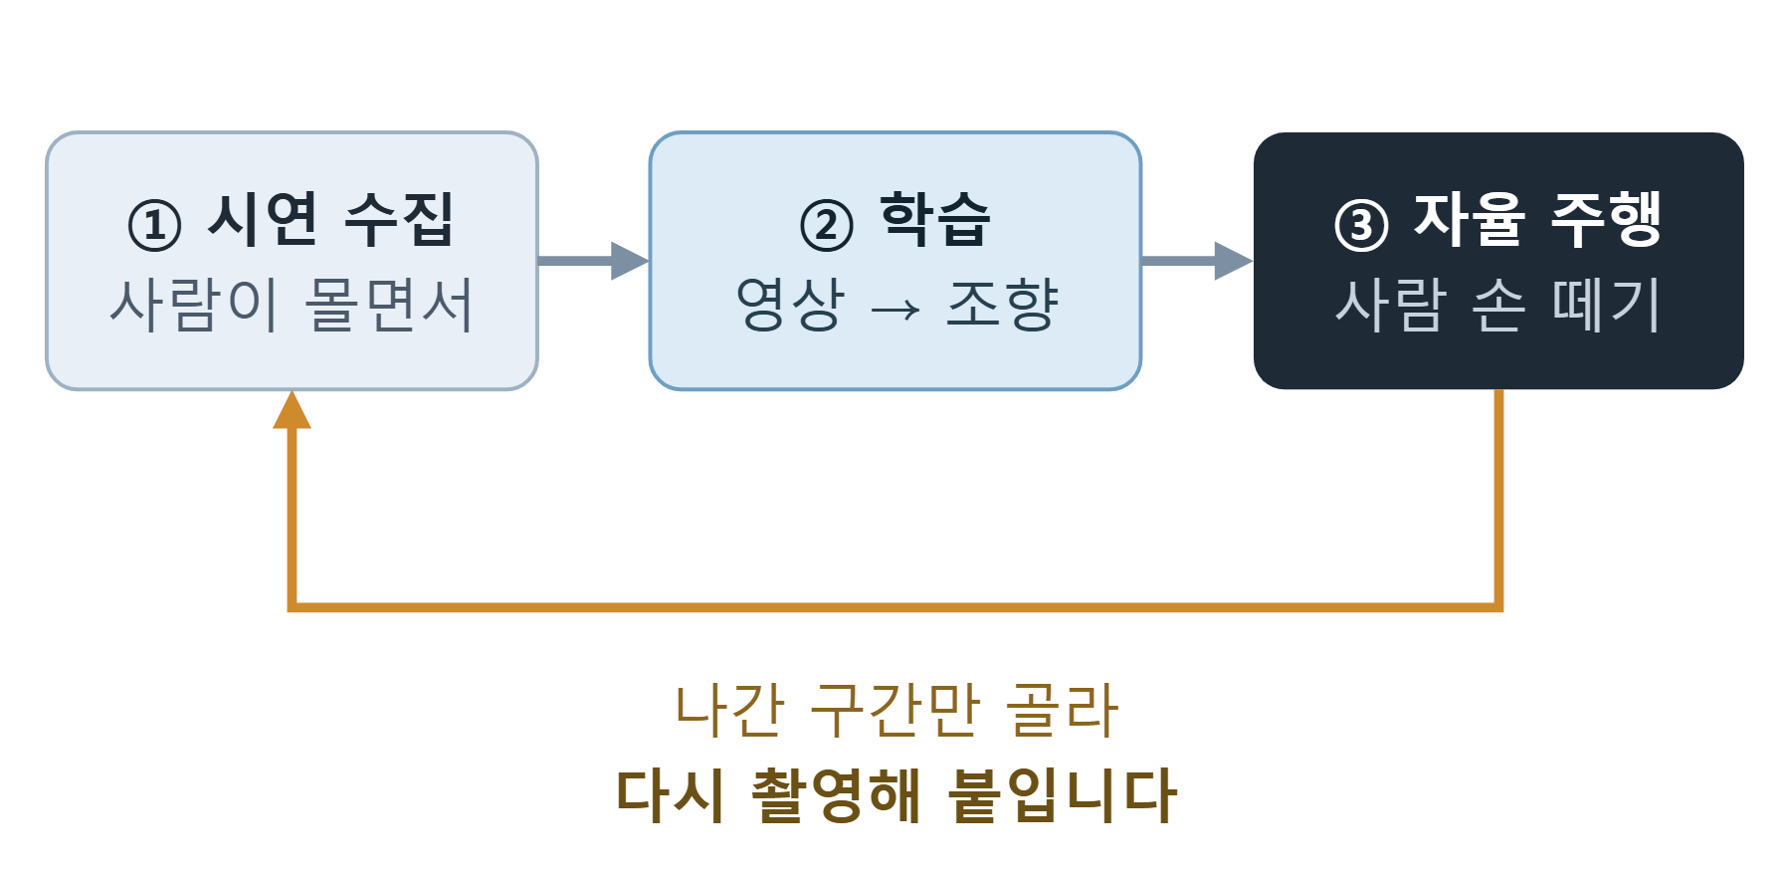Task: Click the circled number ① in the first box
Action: click(154, 225)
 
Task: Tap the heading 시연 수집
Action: click(330, 220)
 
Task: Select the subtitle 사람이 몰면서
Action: click(292, 305)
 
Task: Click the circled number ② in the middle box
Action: click(827, 225)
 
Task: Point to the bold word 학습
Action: click(935, 220)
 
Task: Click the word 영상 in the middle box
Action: click(790, 305)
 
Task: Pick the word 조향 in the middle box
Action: click(1002, 305)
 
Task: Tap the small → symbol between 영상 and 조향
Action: click(895, 310)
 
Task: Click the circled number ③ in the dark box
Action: click(1361, 225)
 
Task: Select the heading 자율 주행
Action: click(1538, 220)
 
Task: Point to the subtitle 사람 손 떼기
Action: click(1498, 305)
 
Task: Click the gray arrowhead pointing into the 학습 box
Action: click(630, 261)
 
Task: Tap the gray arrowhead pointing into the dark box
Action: click(1234, 261)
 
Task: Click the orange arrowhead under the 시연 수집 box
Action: click(292, 409)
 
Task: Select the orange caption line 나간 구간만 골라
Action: click(896, 711)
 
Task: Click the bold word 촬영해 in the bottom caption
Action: click(836, 795)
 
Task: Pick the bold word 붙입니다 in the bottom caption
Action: click(1062, 795)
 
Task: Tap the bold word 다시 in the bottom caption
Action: click(670, 795)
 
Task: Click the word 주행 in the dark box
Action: click(1607, 220)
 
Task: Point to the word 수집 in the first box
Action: click(399, 220)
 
